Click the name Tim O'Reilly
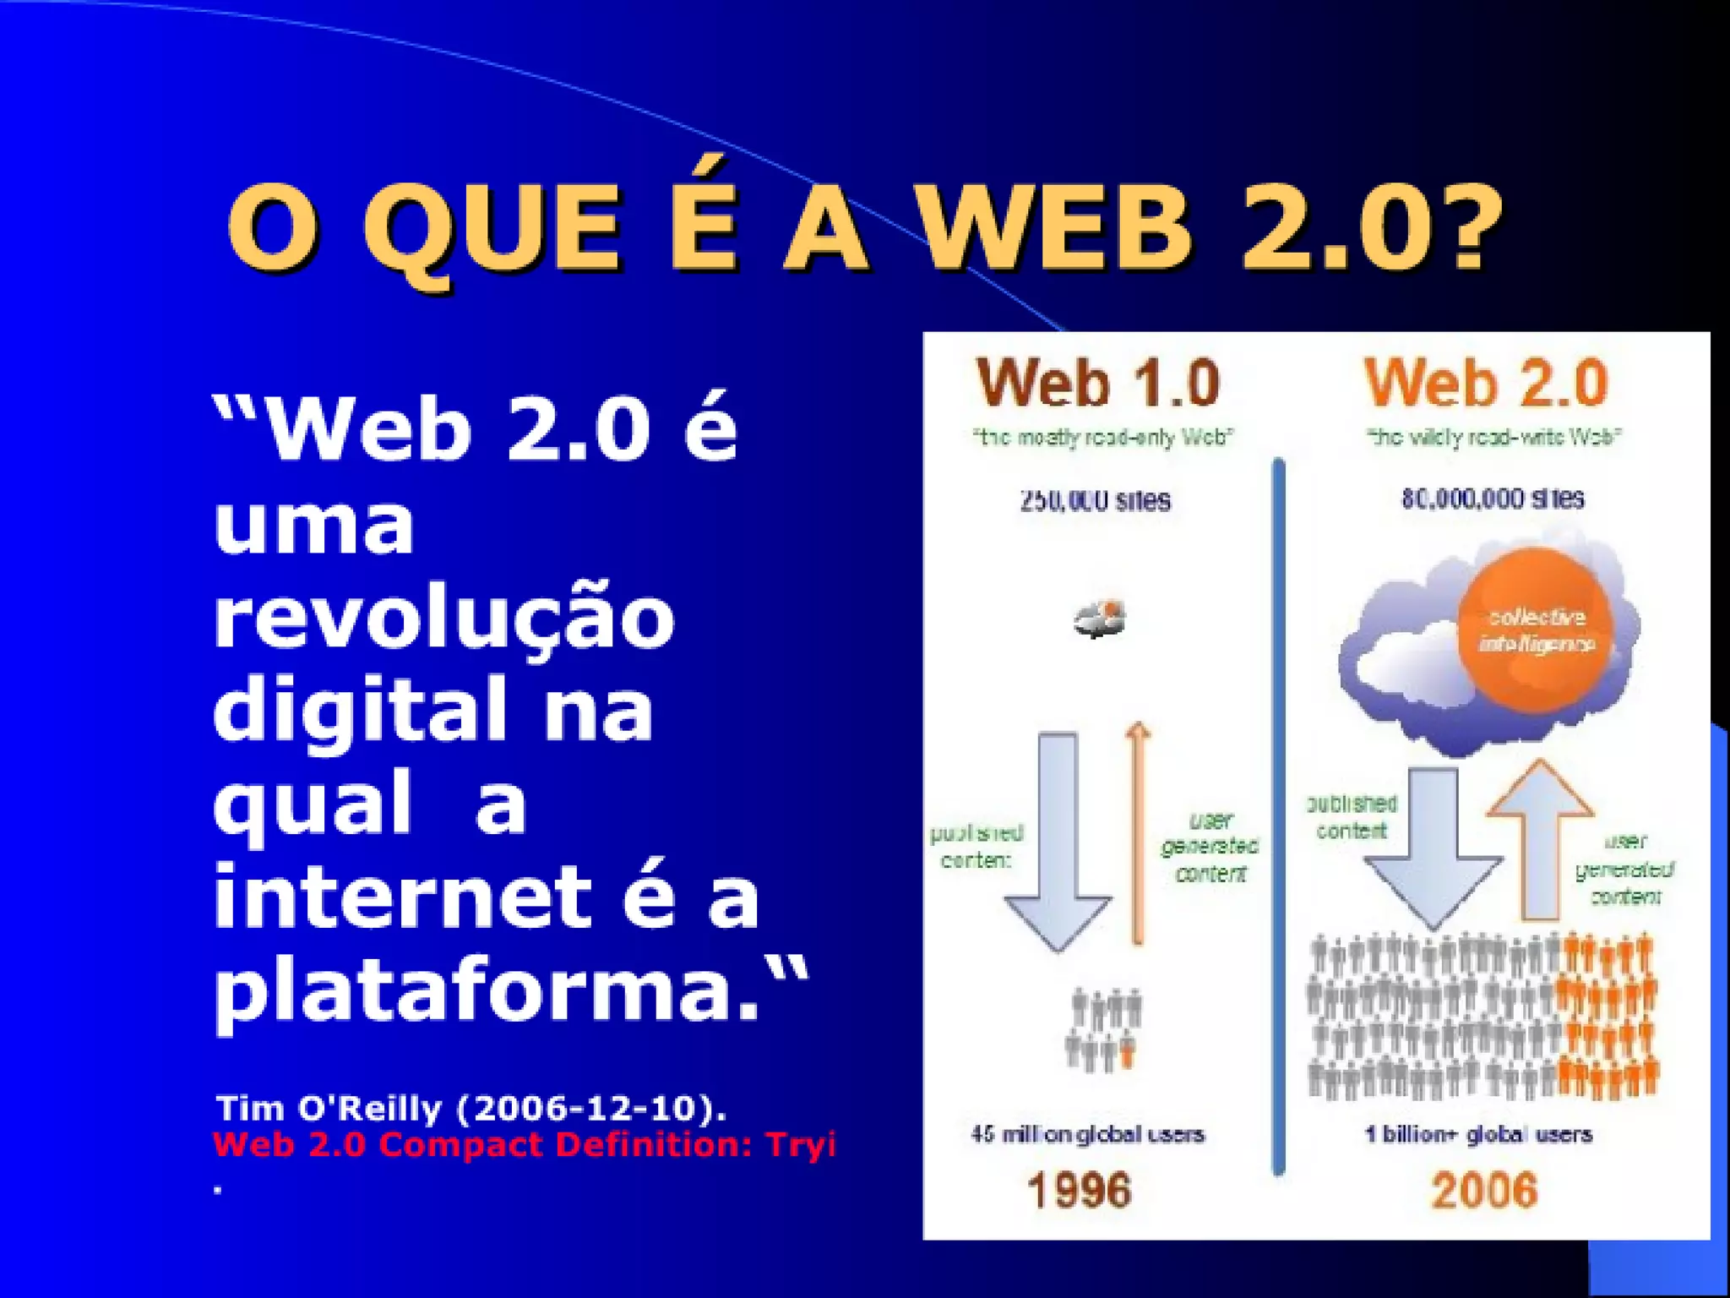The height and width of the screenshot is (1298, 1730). click(x=329, y=1108)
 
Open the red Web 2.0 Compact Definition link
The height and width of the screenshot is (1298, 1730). click(x=524, y=1145)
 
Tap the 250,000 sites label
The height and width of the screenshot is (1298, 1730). click(x=1095, y=500)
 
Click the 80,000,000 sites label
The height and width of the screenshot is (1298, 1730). click(x=1493, y=499)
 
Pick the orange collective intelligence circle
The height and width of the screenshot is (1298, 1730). click(x=1536, y=630)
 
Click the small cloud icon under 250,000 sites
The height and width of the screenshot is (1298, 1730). click(x=1099, y=620)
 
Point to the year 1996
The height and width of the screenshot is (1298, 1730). click(x=1080, y=1190)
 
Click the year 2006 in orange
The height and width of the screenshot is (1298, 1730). click(x=1484, y=1190)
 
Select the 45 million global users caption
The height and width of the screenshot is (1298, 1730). click(x=1087, y=1134)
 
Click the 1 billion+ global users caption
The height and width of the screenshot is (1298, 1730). click(x=1478, y=1134)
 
